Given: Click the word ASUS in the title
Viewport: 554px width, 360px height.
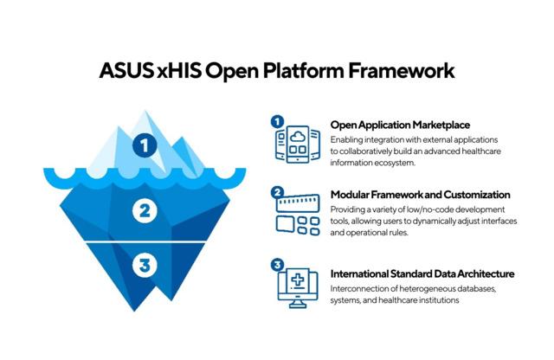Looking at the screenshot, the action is point(126,70).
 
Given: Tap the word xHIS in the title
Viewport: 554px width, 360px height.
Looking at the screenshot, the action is point(179,70).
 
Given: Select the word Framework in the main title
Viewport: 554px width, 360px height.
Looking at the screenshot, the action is point(402,70).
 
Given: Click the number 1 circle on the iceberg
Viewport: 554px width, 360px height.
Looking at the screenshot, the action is point(145,145).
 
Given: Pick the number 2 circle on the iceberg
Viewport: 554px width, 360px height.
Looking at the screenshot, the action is point(145,211).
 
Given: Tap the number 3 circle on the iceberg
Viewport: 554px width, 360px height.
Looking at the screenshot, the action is point(145,265).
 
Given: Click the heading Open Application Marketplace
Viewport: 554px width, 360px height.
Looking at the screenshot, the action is point(400,125).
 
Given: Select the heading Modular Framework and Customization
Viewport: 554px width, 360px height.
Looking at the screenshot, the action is point(420,195).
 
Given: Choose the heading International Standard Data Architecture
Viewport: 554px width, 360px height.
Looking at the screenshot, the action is point(422,273).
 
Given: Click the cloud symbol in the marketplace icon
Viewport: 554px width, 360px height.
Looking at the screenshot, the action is point(298,137).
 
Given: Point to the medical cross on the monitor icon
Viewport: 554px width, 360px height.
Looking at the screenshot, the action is point(298,280).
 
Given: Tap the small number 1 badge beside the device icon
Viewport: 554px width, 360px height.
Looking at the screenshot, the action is point(277,122).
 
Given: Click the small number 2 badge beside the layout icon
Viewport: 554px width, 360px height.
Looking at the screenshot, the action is point(277,192).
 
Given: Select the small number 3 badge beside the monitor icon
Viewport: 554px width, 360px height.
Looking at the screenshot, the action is point(277,265).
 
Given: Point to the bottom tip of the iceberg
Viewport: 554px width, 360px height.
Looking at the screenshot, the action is point(134,312).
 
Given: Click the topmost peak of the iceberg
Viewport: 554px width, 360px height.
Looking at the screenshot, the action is point(145,111).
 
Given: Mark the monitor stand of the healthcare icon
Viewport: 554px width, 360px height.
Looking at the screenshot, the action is point(298,304).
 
